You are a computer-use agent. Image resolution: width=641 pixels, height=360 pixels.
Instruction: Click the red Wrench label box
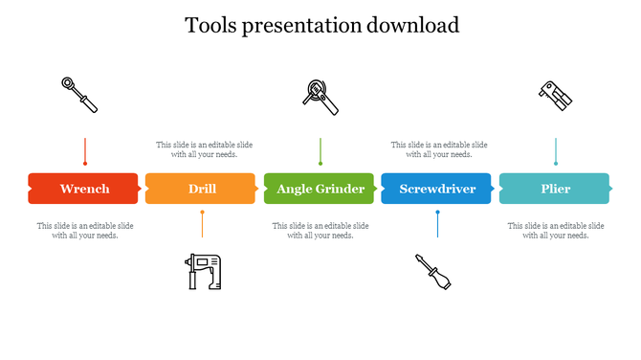[84, 189]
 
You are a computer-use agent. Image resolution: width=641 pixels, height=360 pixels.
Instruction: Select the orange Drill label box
[201, 189]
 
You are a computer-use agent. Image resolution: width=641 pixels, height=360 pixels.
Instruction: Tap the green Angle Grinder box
[320, 189]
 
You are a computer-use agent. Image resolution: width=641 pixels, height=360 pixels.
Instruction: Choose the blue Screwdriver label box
[436, 189]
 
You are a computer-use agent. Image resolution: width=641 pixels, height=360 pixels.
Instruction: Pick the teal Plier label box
[555, 189]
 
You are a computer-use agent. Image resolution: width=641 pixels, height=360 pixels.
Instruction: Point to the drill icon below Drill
[202, 271]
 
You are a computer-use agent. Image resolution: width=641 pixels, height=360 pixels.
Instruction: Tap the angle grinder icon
[320, 96]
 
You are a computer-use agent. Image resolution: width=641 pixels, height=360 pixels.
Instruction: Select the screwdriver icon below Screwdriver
[432, 272]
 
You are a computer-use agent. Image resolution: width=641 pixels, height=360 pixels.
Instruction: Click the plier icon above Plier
[554, 94]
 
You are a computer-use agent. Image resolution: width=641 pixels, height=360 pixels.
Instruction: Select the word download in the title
[412, 25]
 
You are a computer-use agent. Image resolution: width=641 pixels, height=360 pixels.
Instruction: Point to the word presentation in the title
[303, 26]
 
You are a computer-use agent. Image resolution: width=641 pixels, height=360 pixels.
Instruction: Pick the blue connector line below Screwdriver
[437, 223]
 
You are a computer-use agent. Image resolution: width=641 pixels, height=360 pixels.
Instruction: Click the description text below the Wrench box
[85, 231]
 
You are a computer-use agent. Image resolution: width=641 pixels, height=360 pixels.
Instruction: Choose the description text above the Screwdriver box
[438, 149]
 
